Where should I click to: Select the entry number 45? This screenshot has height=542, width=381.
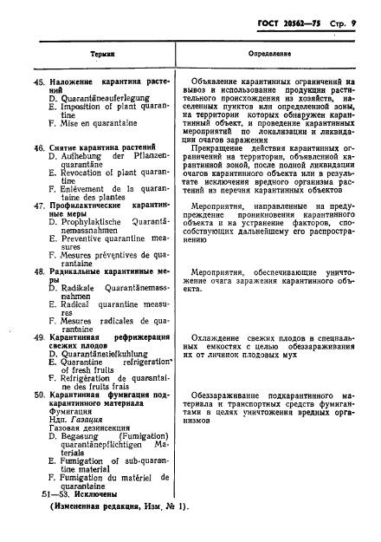36,81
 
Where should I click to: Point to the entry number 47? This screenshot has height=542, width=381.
36,205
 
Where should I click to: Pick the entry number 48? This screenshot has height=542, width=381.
36,271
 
